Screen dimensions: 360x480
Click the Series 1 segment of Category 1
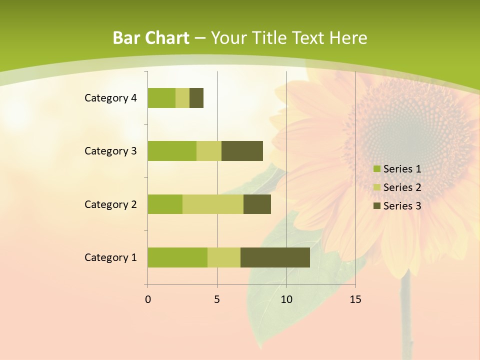[177, 257]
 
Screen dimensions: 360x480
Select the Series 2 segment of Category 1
[224, 257]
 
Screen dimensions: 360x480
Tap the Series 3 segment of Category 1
[275, 257]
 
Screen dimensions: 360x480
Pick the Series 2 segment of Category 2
[213, 204]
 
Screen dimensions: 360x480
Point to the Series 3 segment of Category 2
[257, 204]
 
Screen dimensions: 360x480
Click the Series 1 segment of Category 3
[172, 151]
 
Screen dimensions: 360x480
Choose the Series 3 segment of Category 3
[242, 151]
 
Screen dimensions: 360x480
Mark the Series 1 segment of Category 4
[161, 98]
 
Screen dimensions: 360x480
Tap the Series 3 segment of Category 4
[196, 98]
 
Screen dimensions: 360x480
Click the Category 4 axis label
[110, 98]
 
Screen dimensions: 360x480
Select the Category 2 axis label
[110, 204]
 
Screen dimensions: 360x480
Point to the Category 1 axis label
[110, 257]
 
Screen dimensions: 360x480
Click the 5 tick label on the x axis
[217, 299]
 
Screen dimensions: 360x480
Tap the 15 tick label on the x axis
[355, 299]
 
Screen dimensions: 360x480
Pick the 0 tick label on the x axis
[148, 299]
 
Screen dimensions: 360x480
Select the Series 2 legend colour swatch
[376, 187]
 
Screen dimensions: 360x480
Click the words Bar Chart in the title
[151, 38]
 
